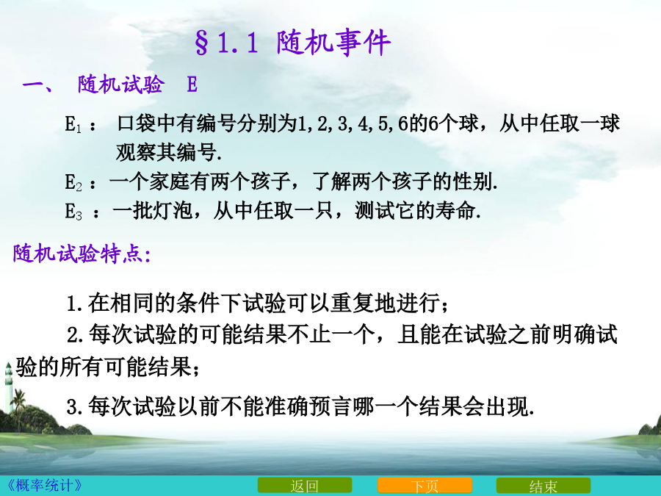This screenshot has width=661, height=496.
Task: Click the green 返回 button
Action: click(304, 486)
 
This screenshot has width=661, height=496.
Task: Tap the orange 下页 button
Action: click(425, 486)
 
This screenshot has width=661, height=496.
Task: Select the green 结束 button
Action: click(543, 486)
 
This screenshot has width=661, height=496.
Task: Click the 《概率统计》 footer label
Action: click(45, 485)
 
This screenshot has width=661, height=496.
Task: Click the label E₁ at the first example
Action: click(73, 124)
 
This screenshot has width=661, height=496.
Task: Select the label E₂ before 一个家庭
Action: click(73, 183)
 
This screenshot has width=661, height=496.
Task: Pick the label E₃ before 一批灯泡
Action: click(73, 211)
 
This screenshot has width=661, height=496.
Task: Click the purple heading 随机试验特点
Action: click(82, 254)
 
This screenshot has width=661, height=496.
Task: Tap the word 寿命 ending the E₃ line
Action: click(455, 210)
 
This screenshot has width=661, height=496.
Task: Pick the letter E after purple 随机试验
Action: click(192, 85)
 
